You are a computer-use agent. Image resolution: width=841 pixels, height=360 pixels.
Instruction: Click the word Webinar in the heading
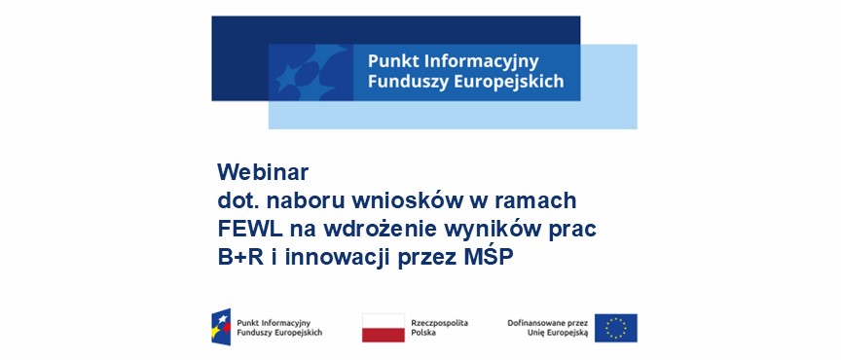pos(262,172)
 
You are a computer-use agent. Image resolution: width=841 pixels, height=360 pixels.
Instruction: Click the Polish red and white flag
pos(383,328)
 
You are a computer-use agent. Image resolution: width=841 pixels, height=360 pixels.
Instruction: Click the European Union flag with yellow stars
pos(615,328)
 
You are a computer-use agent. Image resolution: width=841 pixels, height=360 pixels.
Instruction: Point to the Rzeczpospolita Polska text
pos(439,327)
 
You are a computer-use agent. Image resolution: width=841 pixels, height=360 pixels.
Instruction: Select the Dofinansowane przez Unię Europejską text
pos(548,327)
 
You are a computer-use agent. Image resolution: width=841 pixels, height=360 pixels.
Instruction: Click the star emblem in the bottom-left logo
pos(222,328)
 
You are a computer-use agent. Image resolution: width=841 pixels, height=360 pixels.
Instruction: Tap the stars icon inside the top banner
pos(309,73)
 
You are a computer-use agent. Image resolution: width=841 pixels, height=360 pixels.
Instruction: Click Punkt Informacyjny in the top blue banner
pos(451,62)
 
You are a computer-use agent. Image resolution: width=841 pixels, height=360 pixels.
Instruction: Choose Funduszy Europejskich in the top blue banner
pos(465,83)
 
